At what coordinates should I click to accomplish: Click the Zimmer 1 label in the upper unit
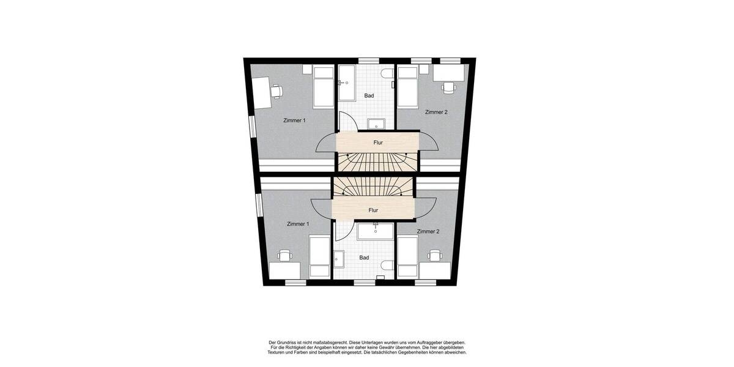click(294, 120)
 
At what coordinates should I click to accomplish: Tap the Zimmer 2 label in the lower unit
click(428, 232)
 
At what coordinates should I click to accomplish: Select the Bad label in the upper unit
click(369, 96)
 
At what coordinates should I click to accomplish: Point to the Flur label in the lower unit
click(373, 210)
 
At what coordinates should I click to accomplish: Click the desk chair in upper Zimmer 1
click(277, 91)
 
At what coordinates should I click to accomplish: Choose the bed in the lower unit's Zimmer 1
click(319, 258)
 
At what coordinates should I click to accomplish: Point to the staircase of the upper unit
click(377, 162)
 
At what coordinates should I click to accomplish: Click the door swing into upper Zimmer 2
click(428, 142)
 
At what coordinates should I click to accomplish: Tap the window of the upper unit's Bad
click(367, 61)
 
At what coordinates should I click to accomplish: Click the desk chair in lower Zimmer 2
click(435, 255)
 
